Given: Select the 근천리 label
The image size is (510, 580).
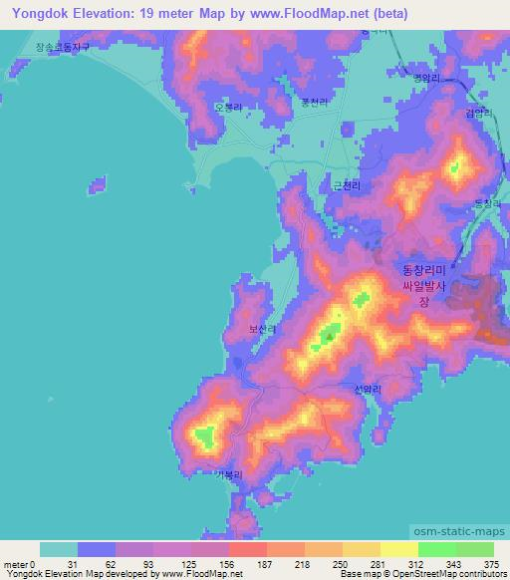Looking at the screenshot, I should coord(345,184).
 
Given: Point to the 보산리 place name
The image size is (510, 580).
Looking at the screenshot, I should coord(263,327).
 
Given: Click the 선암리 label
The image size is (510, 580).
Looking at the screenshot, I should coord(367,392).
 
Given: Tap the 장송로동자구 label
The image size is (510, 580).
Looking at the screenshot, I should coord(62,46).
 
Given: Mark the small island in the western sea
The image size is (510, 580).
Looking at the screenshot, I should coord(98,184).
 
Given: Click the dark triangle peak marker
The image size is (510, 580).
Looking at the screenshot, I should coord(330,336).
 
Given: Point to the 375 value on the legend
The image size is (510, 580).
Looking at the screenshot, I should coord(490,566).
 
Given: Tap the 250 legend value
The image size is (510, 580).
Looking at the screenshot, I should coord(339,566).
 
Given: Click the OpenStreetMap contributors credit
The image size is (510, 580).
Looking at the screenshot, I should coord(447,575).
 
